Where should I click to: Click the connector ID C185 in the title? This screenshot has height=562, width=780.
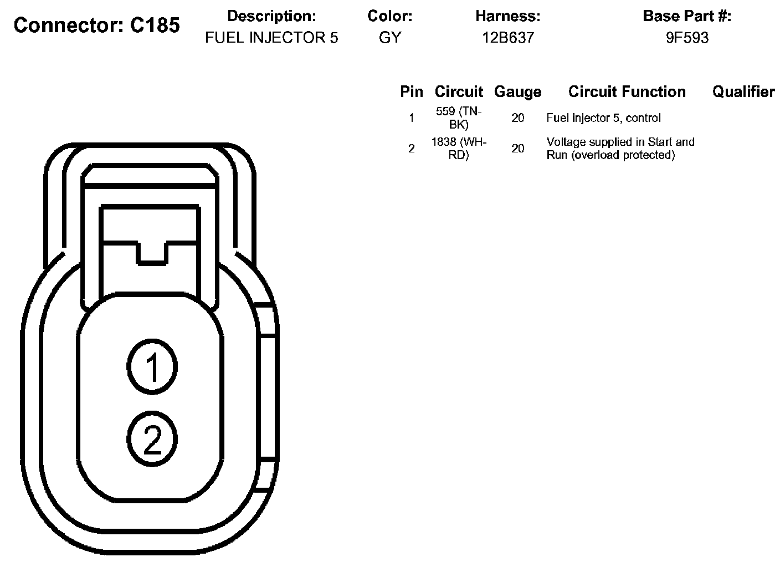(x=155, y=25)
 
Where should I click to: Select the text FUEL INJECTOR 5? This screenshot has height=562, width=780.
(x=271, y=38)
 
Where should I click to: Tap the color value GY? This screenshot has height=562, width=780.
(x=390, y=38)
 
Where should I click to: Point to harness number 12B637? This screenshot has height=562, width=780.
(x=507, y=38)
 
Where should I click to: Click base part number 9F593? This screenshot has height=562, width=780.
(x=687, y=38)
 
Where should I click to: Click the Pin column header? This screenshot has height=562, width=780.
(x=412, y=91)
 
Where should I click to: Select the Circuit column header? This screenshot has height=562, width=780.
(x=459, y=91)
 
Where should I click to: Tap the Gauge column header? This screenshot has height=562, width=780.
(x=518, y=92)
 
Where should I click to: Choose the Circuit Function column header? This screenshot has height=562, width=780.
(x=627, y=91)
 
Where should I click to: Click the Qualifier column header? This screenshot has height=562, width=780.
(x=743, y=91)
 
